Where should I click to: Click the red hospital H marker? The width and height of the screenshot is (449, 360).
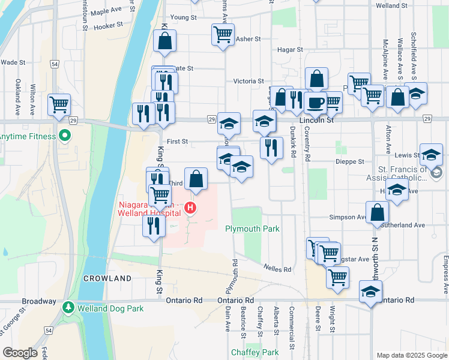pos(190,209)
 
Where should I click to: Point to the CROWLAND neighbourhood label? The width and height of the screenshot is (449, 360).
pos(107,278)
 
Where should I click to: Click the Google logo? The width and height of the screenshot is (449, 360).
pos(20,353)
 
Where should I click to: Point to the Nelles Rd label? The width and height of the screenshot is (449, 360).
pos(277,269)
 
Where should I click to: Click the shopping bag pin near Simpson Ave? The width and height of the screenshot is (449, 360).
pos(376,212)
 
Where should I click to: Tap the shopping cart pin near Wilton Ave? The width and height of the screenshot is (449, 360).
pos(59,104)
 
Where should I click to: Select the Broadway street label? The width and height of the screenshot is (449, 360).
pos(39,301)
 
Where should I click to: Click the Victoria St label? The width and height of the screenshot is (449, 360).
pos(249,81)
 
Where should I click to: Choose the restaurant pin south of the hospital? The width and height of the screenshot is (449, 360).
pos(154,226)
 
